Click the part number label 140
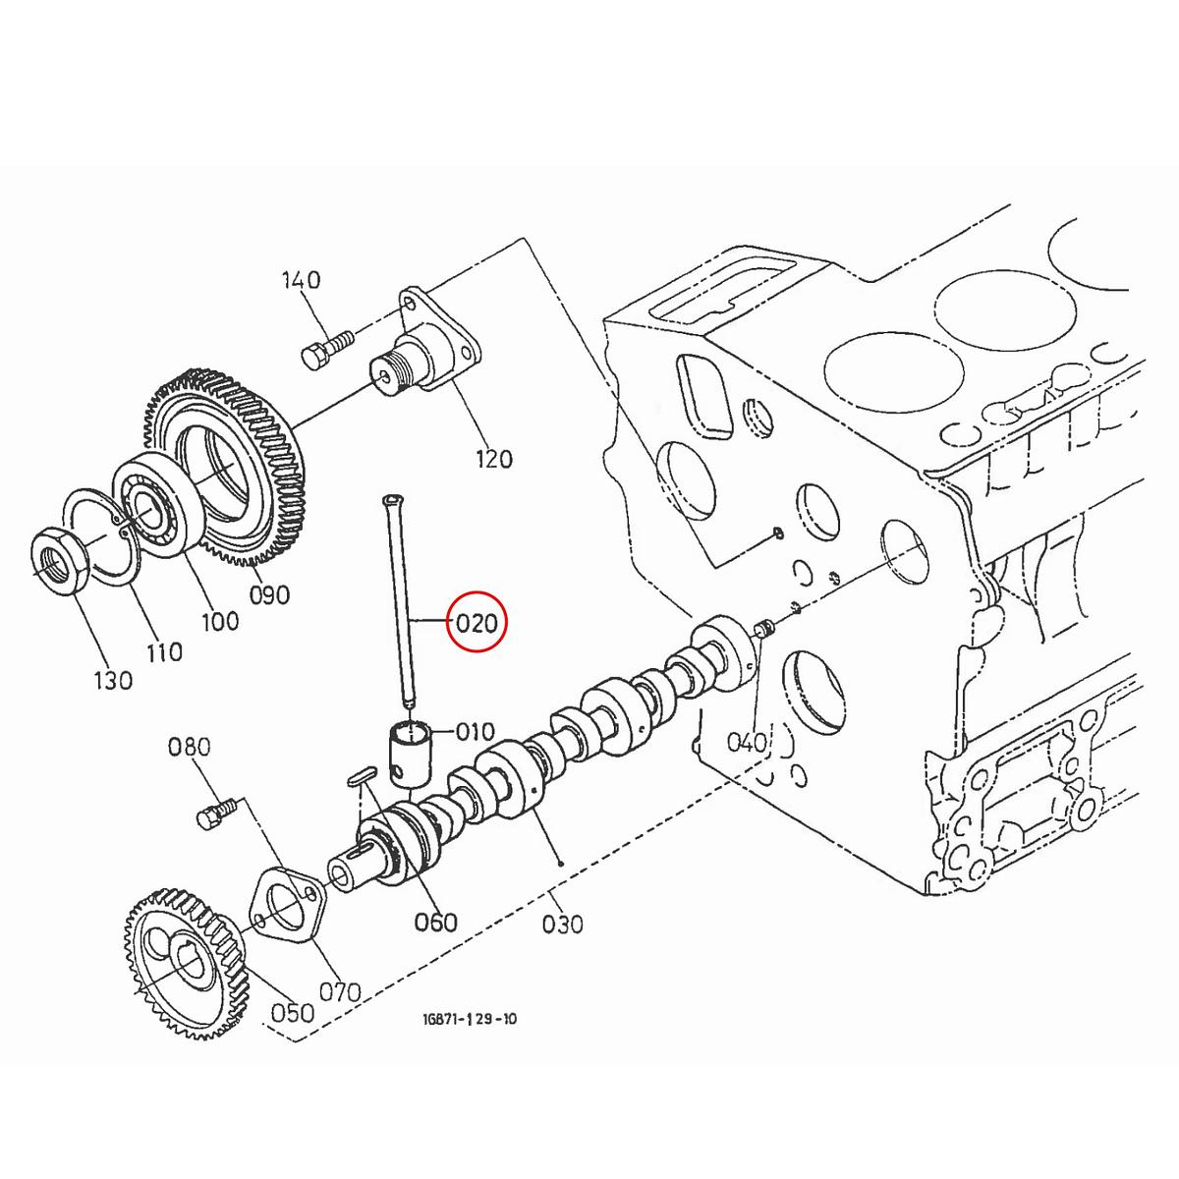[x=301, y=280]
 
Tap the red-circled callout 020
[x=476, y=622]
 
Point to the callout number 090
[x=269, y=594]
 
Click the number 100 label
[x=219, y=621]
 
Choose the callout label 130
[x=112, y=680]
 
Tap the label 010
[x=475, y=732]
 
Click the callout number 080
[x=190, y=747]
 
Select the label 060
[x=435, y=922]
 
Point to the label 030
[x=562, y=924]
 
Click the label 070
[x=341, y=992]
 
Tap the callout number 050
[x=293, y=1013]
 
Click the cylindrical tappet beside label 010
[x=411, y=752]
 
